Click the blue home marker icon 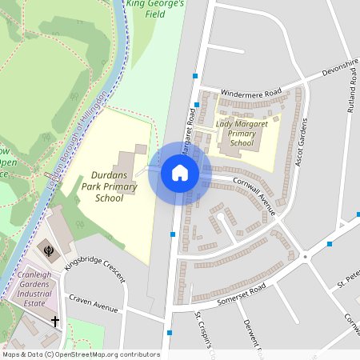179,173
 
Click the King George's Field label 156,8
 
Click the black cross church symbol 55,322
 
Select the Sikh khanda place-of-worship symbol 50,250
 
